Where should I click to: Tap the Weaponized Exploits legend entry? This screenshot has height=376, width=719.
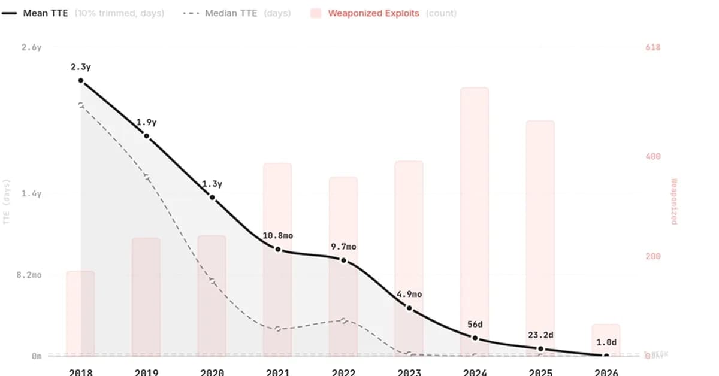[x=373, y=13]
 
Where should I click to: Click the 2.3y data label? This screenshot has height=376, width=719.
[x=80, y=67]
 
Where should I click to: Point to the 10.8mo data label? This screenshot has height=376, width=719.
[x=278, y=236]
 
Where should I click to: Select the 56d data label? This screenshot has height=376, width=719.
[x=475, y=325]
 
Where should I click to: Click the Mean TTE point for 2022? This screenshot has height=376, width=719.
[x=343, y=260]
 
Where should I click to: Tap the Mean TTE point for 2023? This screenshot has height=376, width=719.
[x=409, y=308]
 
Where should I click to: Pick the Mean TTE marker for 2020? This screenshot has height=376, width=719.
[x=212, y=198]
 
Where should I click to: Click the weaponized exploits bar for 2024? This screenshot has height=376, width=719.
[x=475, y=222]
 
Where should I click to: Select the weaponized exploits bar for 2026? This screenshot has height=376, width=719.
[x=606, y=339]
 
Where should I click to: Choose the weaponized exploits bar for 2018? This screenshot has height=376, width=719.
[x=80, y=313]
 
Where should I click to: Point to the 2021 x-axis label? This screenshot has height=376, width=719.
[x=278, y=372]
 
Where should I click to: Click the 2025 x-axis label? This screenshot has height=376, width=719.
[x=540, y=372]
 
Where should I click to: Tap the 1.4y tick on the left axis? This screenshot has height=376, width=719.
[x=31, y=193]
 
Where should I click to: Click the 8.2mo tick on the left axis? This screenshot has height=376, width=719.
[x=28, y=275]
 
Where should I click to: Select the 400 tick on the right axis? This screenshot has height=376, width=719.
[x=652, y=157]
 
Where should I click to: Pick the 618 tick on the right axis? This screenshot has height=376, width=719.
[x=652, y=47]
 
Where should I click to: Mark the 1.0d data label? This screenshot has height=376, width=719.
[x=606, y=342]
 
